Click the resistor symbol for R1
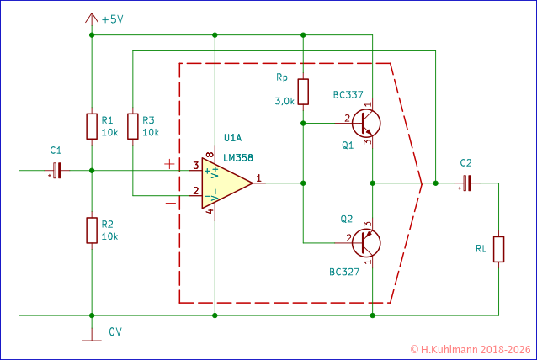click(x=91, y=126)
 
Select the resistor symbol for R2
click(x=91, y=230)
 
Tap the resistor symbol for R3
click(x=132, y=126)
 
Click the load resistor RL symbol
click(x=498, y=250)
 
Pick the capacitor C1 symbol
click(x=56, y=171)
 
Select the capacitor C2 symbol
click(x=466, y=183)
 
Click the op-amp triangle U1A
click(x=226, y=183)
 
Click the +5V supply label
click(x=112, y=19)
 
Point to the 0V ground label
click(x=115, y=331)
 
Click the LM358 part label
click(x=238, y=157)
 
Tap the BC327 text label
click(x=345, y=273)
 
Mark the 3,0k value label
click(x=284, y=101)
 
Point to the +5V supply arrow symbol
click(x=91, y=17)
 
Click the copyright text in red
click(x=471, y=348)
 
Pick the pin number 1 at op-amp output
click(x=259, y=177)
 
